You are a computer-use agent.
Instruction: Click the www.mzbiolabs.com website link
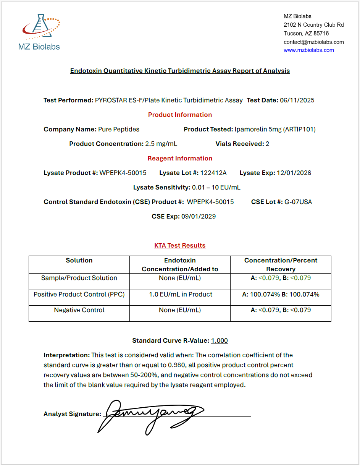tap(308, 50)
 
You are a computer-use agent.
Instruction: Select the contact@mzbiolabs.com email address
tap(313, 42)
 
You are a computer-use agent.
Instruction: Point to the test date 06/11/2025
tap(297, 100)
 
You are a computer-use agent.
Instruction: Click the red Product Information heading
tap(180, 115)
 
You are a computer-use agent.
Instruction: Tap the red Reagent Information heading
tap(180, 158)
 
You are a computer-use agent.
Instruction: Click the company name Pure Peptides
tap(119, 129)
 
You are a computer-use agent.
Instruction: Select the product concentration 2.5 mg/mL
tap(161, 144)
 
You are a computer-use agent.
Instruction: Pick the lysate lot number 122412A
tap(213, 173)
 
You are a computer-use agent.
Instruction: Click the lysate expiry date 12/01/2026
tap(294, 173)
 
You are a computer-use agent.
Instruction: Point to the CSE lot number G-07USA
tap(298, 202)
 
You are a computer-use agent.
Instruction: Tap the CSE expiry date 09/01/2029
tap(199, 216)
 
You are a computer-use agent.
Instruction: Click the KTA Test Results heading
tap(180, 245)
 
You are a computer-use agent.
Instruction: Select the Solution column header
tap(79, 260)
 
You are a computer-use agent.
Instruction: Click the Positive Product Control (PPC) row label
tap(79, 294)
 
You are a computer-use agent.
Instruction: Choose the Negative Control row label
tap(79, 310)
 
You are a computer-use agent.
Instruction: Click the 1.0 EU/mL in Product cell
tap(180, 294)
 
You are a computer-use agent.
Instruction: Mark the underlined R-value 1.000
tap(220, 340)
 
